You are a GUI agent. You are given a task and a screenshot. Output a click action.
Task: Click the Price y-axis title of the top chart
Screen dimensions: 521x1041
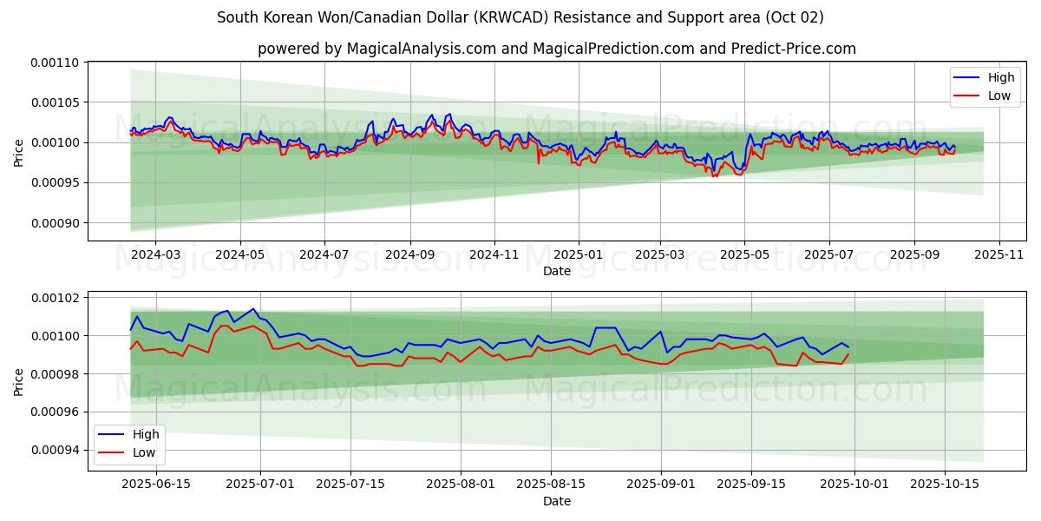[19, 153]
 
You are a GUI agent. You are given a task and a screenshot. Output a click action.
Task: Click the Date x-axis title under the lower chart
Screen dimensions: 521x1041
[557, 501]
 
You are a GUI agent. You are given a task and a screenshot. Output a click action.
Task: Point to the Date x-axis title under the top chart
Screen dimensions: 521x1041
[557, 271]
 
